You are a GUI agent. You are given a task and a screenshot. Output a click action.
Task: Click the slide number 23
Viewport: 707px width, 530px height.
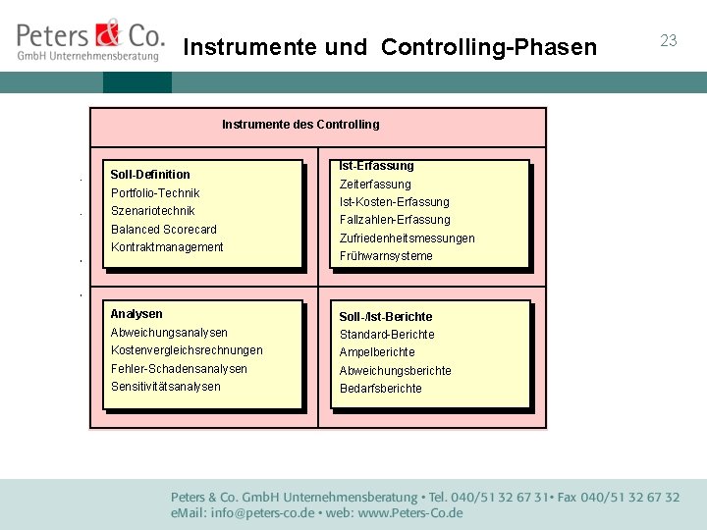click(669, 40)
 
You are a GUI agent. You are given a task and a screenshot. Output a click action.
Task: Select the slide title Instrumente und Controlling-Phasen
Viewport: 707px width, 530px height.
click(390, 47)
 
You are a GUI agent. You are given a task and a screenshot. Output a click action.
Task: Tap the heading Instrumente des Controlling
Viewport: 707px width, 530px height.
click(299, 125)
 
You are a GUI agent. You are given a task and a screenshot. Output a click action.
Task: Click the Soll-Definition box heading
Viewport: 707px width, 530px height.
click(150, 175)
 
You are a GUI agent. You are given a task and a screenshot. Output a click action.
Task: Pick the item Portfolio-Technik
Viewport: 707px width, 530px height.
click(155, 193)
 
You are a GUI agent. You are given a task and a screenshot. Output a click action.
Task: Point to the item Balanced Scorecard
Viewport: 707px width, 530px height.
click(164, 230)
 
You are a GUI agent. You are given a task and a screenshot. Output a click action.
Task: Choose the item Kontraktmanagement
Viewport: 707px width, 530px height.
click(167, 247)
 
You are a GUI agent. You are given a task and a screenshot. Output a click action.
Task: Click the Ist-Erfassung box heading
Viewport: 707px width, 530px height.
click(376, 166)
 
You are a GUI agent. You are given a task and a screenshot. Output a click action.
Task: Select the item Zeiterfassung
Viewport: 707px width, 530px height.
click(375, 185)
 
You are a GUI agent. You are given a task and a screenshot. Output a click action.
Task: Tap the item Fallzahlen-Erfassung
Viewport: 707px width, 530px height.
click(395, 220)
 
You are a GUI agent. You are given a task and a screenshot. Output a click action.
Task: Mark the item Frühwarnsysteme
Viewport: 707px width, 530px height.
click(386, 256)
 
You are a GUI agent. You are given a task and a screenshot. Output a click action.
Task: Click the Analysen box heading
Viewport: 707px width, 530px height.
click(136, 314)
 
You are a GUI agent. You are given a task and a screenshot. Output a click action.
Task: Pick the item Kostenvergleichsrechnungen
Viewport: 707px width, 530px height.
click(187, 350)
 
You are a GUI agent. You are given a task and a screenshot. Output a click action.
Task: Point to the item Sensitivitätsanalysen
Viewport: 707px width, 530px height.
click(166, 387)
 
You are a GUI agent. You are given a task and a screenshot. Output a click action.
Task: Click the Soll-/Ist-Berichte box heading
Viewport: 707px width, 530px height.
click(386, 317)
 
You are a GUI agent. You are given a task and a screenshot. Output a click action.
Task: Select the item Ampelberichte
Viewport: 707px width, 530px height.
click(377, 352)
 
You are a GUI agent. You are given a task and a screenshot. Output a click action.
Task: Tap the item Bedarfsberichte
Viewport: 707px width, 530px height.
click(381, 389)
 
